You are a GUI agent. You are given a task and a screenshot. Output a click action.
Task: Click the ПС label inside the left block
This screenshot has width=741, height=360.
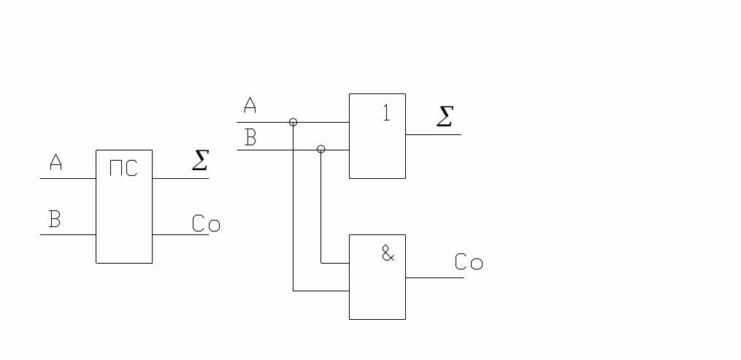[123, 169]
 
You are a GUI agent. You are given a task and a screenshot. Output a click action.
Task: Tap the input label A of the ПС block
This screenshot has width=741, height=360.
[55, 162]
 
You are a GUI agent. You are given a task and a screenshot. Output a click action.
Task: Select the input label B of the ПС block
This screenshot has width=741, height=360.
[54, 219]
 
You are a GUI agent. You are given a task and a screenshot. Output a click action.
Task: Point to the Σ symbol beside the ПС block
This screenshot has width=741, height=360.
[200, 160]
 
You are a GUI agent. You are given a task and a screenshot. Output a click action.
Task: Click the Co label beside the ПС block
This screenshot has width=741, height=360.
[206, 223]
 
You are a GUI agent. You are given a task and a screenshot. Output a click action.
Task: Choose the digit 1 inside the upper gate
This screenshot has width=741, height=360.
[387, 113]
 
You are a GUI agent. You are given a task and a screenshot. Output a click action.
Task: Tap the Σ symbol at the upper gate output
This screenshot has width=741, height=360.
[444, 116]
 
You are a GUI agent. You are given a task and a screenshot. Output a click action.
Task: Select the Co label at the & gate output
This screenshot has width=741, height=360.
[469, 262]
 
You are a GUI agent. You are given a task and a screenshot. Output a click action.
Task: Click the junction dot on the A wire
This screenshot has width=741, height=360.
[293, 122]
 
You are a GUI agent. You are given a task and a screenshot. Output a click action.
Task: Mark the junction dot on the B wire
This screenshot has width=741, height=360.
[320, 149]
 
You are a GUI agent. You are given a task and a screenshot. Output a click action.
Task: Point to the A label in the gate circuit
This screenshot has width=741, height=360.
[250, 107]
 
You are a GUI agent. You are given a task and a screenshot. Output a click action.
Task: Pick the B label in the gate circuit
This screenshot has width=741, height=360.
[250, 137]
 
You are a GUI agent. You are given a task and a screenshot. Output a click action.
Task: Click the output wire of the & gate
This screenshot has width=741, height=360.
[434, 277]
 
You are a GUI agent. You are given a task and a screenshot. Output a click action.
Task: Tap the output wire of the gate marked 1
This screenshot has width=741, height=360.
[433, 134]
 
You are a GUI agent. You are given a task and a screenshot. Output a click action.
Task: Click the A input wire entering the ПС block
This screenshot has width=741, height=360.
[68, 178]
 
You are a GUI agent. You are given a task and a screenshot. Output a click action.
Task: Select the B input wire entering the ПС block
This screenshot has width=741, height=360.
[68, 234]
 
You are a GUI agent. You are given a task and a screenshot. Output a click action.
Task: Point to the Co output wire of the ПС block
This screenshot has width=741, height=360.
[180, 234]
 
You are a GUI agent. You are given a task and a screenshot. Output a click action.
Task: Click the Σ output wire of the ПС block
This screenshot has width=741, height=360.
[180, 178]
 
